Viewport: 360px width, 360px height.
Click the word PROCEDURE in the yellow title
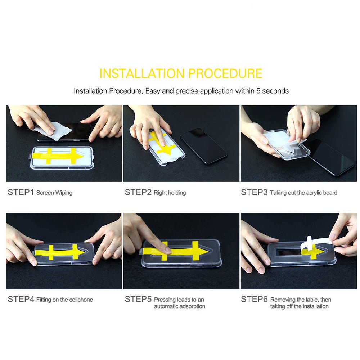tap(225, 73)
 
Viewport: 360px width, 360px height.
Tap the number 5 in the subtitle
tap(258, 91)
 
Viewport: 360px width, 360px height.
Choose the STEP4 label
tap(21, 299)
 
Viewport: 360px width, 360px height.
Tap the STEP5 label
tap(138, 299)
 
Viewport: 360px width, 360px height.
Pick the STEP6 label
tap(254, 299)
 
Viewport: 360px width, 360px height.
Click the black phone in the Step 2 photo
tap(204, 146)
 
